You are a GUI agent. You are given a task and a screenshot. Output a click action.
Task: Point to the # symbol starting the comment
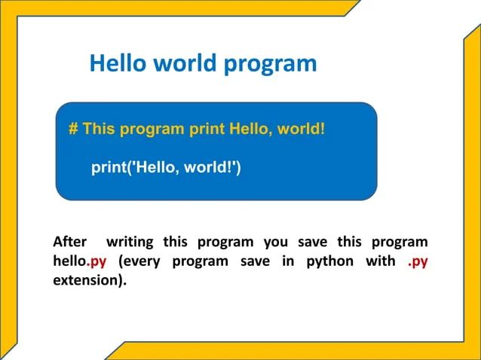point(73,128)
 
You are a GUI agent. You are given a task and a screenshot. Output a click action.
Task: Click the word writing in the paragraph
point(130,243)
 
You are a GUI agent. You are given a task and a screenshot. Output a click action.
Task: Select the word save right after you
point(312,243)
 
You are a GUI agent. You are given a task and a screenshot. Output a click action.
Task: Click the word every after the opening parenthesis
point(144,262)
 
